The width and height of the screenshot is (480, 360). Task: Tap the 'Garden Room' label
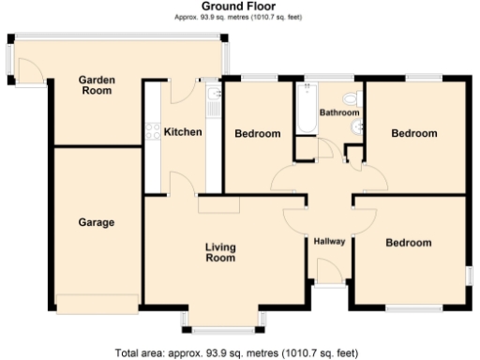tap(97, 86)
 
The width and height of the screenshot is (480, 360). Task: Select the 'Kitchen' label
tap(183, 132)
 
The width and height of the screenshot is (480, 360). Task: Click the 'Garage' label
tap(96, 223)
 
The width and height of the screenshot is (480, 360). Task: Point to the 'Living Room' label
tap(220, 252)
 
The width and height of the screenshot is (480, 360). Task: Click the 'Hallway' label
tap(329, 242)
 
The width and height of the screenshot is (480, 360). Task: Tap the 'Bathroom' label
tap(338, 112)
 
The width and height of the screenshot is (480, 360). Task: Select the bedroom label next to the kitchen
tap(257, 134)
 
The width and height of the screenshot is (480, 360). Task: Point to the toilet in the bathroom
tap(351, 98)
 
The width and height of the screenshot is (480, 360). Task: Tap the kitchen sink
tap(214, 96)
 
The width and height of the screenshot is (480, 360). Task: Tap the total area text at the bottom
tap(235, 352)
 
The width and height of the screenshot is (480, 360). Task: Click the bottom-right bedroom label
tap(408, 243)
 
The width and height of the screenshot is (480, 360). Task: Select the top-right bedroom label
tap(413, 134)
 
